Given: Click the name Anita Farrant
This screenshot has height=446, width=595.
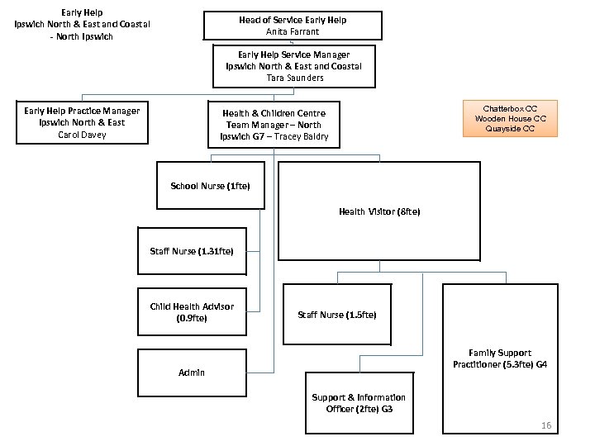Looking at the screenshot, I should coord(294,31).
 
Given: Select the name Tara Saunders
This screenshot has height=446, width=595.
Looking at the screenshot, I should coord(295,78).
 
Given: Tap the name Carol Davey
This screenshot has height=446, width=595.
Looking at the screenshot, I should coord(82,135).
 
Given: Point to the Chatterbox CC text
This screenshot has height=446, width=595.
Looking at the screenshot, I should coord(510,108).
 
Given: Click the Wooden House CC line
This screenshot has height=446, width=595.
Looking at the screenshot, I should coord(510,118).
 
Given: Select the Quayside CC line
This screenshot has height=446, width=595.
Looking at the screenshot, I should coord(510,128).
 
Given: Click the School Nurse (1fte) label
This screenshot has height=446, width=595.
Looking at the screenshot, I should coord(210,186).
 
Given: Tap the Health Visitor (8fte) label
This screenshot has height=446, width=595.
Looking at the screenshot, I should coord(379,212).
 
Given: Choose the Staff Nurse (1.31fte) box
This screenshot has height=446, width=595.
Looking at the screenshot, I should coord(192,251).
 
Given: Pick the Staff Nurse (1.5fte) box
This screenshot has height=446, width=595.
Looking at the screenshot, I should coord(337,315).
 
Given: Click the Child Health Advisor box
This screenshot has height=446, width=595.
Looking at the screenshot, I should coord(192,311).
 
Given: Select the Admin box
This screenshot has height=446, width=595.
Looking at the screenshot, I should coord(192,372).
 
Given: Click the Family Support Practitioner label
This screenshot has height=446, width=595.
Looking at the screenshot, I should coord(499,358).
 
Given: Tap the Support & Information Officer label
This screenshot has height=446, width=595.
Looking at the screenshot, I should coord(359,402).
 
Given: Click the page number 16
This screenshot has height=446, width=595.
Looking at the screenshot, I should coord(545,425).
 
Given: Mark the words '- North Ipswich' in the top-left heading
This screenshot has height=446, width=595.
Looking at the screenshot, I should coord(83,36).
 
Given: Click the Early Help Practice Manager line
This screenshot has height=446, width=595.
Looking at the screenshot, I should coord(82,111).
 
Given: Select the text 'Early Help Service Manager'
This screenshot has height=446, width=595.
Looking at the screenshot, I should coord(295,55).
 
